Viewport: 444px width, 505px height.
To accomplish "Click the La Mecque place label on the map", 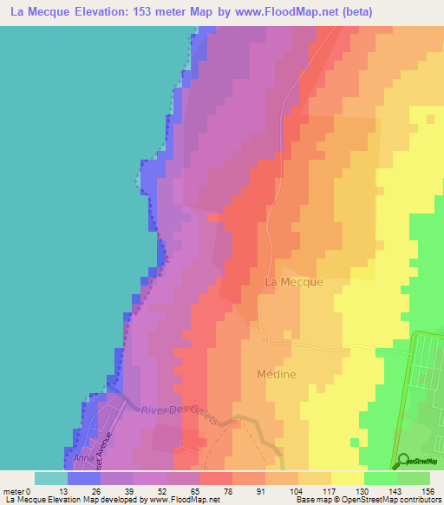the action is click(293, 282).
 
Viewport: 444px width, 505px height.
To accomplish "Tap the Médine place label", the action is click(277, 375).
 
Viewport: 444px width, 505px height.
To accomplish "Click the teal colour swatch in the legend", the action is click(50, 478).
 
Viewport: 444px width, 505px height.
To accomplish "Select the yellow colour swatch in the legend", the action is click(347, 478).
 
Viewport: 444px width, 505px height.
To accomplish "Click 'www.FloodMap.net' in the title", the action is click(292, 13).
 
